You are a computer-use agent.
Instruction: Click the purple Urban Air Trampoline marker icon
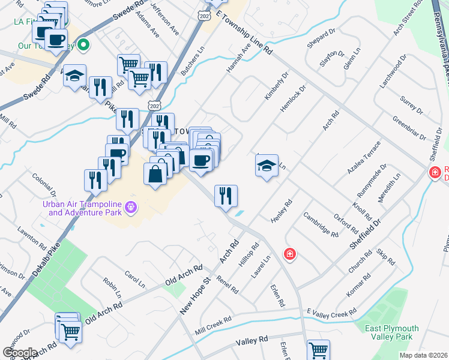point(131,208)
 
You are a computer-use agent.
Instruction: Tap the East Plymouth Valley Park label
point(394,332)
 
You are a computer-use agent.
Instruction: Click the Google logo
point(19,353)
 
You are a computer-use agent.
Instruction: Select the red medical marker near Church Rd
point(290,254)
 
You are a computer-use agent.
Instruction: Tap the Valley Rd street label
point(252,341)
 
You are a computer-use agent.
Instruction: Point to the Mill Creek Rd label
point(212,326)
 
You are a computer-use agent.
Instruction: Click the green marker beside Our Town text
point(85,44)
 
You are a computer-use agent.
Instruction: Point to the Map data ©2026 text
point(423,355)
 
